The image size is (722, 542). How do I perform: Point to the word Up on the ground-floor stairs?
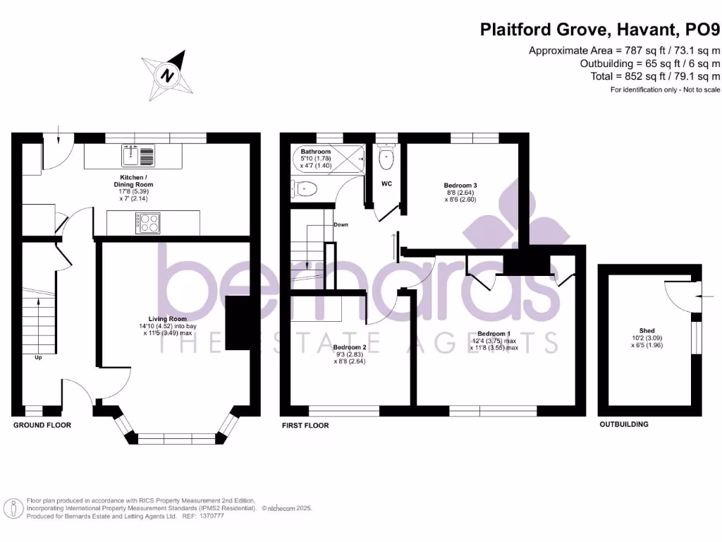[x=38, y=357]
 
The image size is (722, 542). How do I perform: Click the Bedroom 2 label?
[x=350, y=347]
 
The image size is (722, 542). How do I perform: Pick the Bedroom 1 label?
[x=494, y=334]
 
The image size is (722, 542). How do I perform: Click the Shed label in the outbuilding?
[x=647, y=330]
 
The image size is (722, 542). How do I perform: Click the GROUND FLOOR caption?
[x=42, y=426]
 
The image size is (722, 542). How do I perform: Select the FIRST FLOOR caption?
[x=305, y=426]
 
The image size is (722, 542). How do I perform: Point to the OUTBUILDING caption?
[x=624, y=424]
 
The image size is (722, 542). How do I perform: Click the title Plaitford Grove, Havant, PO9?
[x=600, y=30]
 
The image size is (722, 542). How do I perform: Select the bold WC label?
[x=386, y=183]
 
